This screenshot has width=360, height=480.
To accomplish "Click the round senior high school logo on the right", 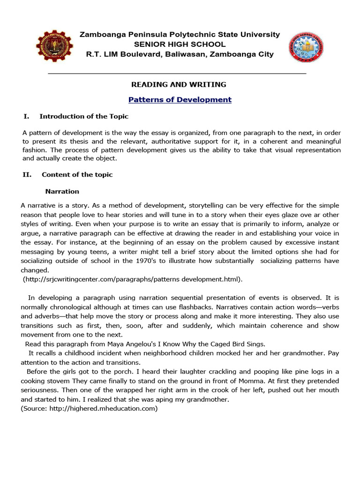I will coord(305,47).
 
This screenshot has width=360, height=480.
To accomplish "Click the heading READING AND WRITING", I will coord(178,85).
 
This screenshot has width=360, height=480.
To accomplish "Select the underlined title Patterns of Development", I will coord(180,99).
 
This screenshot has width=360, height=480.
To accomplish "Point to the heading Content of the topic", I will coord(77,174).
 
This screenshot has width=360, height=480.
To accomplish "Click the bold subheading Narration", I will coord(62,191).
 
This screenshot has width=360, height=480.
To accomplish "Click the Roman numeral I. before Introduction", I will coord(26,116).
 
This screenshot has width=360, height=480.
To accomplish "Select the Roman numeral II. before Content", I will coord(27,174).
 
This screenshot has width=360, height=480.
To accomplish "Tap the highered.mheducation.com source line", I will coord(89,408).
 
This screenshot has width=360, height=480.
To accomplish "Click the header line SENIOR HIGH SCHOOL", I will coord(180,45).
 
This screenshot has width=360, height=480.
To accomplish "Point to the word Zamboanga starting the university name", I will coord(102,35).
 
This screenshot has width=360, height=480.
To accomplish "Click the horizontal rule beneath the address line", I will coord(177,74).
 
